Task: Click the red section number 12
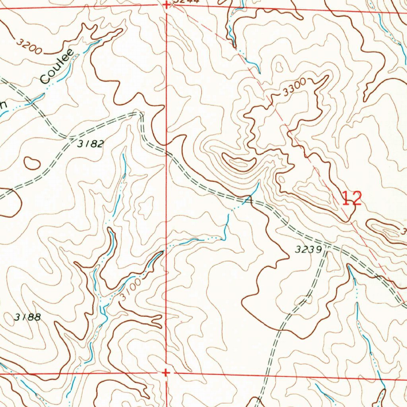coord(352,198)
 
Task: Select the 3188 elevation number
coord(27,317)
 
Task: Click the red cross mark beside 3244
coord(166,5)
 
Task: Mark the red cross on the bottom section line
coord(166,372)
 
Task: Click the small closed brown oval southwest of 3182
coord(32,163)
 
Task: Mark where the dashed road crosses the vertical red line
coord(167,152)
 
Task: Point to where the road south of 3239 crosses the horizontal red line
coord(268,375)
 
